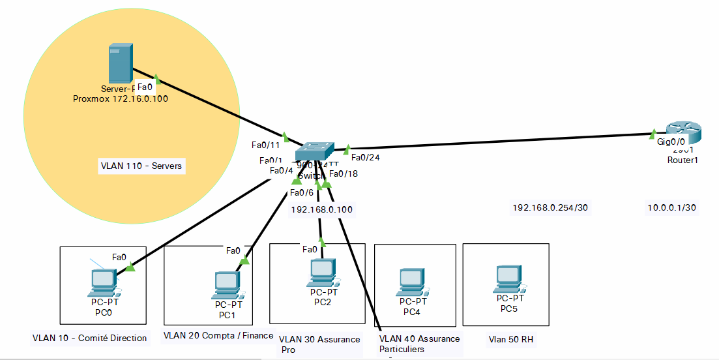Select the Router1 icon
click(x=682, y=134)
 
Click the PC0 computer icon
click(x=102, y=281)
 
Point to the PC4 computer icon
click(x=412, y=280)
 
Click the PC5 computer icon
click(x=508, y=277)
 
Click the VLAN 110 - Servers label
click(x=141, y=167)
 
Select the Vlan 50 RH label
click(x=512, y=340)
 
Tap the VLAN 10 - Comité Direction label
click(x=89, y=338)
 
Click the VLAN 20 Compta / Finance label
click(x=218, y=336)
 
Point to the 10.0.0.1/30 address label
click(x=672, y=207)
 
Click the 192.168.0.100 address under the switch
click(x=321, y=210)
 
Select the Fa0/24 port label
click(x=365, y=157)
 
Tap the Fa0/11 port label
click(x=265, y=145)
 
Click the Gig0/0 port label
click(x=670, y=142)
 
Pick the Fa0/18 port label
click(x=343, y=173)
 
